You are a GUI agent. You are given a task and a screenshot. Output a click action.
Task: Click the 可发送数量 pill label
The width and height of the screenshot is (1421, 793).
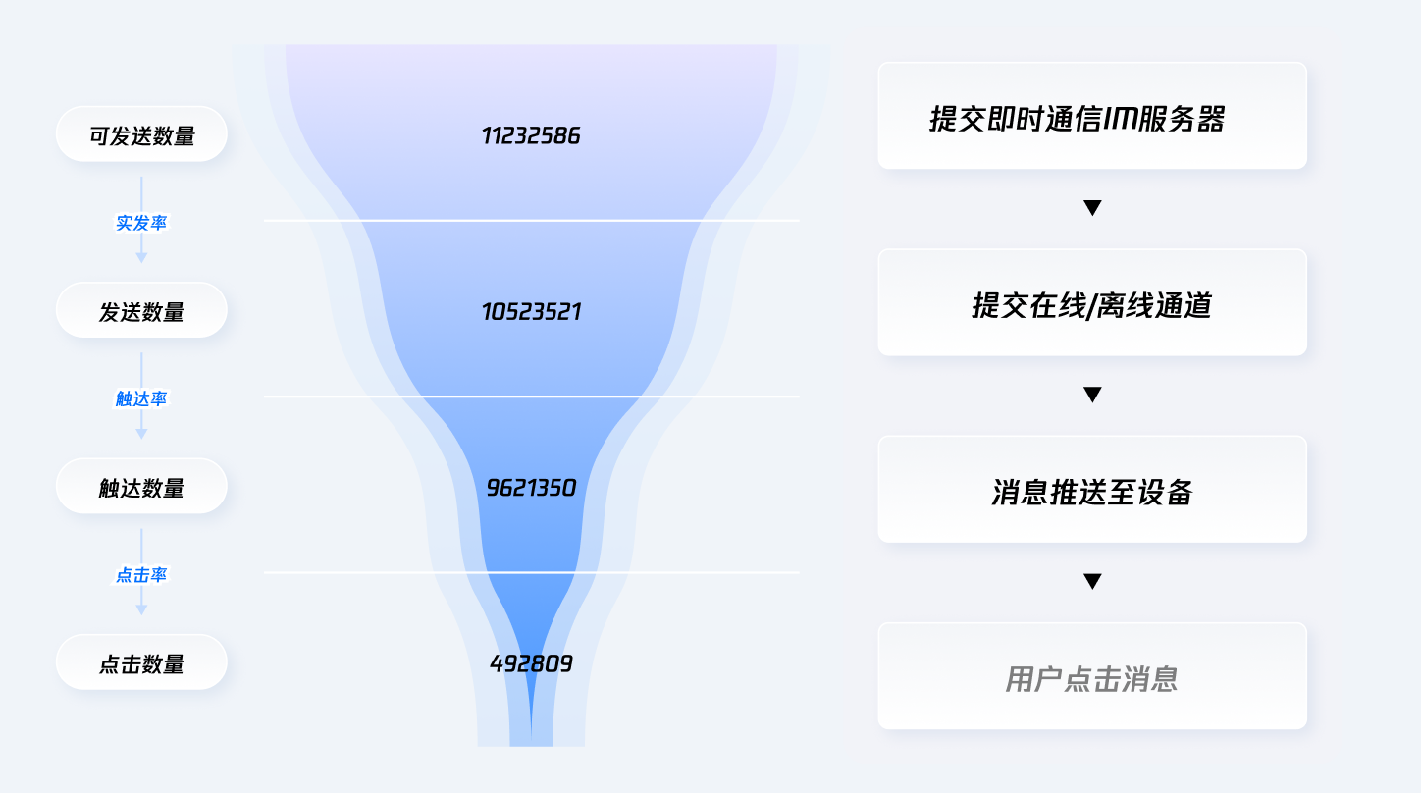point(141,135)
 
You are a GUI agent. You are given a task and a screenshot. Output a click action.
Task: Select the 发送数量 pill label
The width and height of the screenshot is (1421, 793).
point(141,312)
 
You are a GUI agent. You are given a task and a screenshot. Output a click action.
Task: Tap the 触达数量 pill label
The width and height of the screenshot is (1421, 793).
point(141,488)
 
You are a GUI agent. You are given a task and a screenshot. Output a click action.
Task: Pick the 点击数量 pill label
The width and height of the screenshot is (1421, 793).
point(141,663)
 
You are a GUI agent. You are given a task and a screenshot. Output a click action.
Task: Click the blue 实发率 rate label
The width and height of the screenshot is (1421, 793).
point(141,223)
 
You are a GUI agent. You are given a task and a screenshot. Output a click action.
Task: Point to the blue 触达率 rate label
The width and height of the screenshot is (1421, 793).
point(141,398)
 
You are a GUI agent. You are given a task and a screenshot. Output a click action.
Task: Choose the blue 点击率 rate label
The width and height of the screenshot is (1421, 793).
point(141,575)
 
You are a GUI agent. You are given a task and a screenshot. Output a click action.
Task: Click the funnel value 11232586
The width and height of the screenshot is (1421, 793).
point(531,135)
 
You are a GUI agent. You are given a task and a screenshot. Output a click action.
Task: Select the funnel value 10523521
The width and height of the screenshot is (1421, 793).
point(531,312)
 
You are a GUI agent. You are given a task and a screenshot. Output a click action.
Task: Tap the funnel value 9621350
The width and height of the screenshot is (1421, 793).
point(531,488)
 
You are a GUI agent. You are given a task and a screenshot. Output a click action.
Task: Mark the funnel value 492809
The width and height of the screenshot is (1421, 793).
point(531,663)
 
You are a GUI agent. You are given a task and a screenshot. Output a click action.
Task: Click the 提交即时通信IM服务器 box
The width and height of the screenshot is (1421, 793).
point(1092,117)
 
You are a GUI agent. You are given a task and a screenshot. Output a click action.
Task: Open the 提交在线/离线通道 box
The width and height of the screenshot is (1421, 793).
point(1092,303)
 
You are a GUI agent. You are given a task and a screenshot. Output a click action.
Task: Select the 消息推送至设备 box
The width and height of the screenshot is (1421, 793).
point(1092,490)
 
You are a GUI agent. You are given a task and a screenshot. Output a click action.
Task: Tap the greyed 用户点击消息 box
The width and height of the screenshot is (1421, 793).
point(1092,676)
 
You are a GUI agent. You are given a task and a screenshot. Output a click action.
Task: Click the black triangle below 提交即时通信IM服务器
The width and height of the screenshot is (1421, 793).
point(1092,208)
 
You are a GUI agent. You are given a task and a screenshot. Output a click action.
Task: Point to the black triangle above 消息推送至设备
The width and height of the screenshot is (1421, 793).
point(1092,395)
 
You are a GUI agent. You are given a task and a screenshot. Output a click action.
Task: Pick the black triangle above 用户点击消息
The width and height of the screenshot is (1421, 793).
point(1092,581)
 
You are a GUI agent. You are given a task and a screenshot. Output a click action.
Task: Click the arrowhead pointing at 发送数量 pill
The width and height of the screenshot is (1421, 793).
point(141,257)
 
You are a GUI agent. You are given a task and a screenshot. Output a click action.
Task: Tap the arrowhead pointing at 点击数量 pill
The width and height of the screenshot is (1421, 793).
point(141,609)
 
